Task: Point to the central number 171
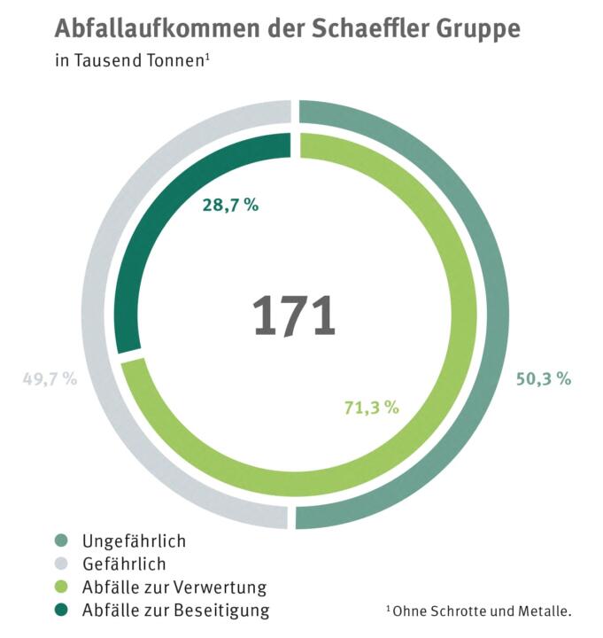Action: [294, 316]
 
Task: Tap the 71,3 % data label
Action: [371, 408]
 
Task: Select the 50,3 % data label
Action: [543, 378]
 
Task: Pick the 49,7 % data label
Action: [50, 378]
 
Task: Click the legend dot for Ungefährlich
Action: [60, 541]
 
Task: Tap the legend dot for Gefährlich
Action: [60, 564]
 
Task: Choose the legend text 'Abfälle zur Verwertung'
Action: [174, 587]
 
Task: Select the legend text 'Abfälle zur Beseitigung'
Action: [175, 610]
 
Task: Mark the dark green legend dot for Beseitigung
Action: [60, 610]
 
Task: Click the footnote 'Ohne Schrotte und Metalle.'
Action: [482, 611]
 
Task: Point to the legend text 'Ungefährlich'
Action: [134, 541]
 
